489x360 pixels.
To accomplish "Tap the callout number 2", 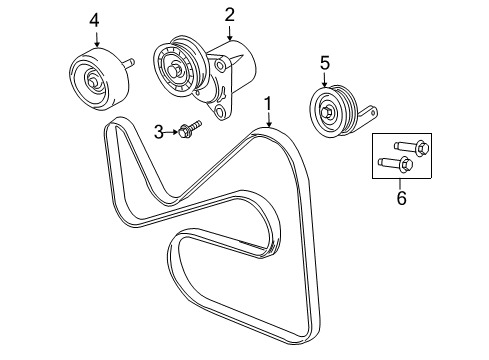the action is point(229,15).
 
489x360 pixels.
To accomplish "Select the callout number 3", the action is point(159,132).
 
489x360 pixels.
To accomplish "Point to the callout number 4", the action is point(94,21).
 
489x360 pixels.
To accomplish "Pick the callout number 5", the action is point(325,63).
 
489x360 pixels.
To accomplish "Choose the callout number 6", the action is point(402,198).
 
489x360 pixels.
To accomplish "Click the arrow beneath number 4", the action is point(97,39).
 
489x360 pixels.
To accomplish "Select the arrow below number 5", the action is point(325,81).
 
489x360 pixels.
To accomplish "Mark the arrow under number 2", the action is point(230,33).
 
